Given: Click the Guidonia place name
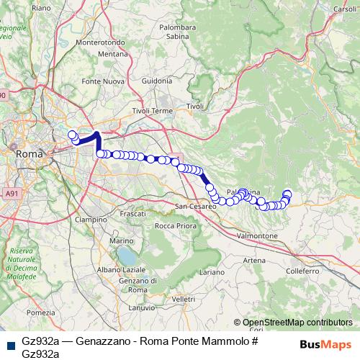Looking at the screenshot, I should pyautogui.click(x=157, y=81).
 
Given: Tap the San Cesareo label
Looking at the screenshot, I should pyautogui.click(x=197, y=207).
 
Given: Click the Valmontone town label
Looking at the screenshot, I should pyautogui.click(x=256, y=235).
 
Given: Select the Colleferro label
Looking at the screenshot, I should pyautogui.click(x=302, y=271).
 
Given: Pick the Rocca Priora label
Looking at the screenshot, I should pyautogui.click(x=176, y=226).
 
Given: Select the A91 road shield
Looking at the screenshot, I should pyautogui.click(x=12, y=194).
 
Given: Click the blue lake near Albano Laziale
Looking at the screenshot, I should pyautogui.click(x=127, y=256).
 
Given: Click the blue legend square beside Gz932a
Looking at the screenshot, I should pyautogui.click(x=9, y=344).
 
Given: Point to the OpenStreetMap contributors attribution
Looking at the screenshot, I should pyautogui.click(x=295, y=323).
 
